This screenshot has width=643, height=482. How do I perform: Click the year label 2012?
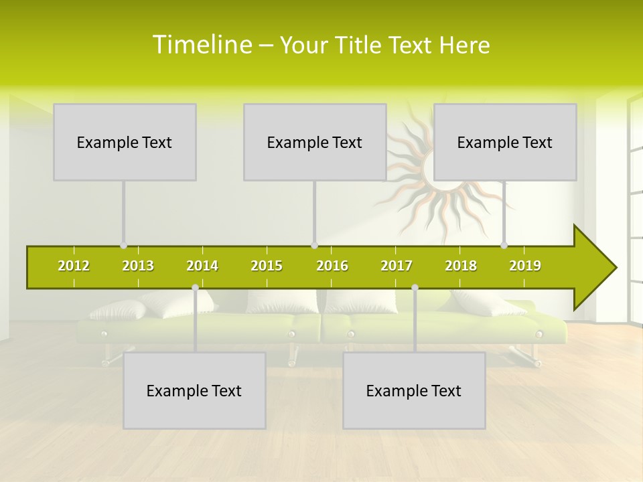pos(74,266)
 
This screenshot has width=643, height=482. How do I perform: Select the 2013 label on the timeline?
pos(138,266)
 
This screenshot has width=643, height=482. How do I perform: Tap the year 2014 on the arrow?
pos(202,266)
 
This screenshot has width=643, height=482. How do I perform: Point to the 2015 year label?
pos(267,266)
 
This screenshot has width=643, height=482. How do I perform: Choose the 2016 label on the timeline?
pos(332,266)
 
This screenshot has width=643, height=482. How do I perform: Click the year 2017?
pos(397,266)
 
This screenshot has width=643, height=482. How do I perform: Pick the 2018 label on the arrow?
pos(461,266)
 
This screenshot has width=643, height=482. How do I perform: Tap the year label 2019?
pos(525,266)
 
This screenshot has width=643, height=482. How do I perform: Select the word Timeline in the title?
pos(202,45)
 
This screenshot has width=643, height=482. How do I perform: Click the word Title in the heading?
pos(360,45)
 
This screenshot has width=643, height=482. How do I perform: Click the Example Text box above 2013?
pos(125,142)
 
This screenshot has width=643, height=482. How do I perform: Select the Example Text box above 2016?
pos(315,142)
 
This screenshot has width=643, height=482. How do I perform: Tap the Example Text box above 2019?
pos(505,142)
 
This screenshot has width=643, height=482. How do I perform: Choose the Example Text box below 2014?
pos(194,390)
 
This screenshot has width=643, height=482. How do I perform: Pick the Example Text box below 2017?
pos(414,390)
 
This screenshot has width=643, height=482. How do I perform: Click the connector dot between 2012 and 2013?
pos(123,246)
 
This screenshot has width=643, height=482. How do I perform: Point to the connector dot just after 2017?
pos(415,287)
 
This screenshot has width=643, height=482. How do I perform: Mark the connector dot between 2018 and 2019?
pos(504,246)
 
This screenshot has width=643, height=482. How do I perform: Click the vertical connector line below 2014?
pos(195,321)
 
